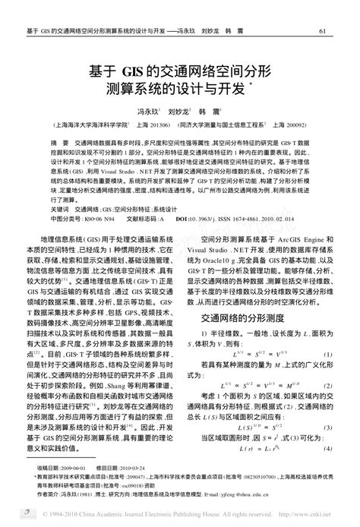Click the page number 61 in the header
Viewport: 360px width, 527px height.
322,31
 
